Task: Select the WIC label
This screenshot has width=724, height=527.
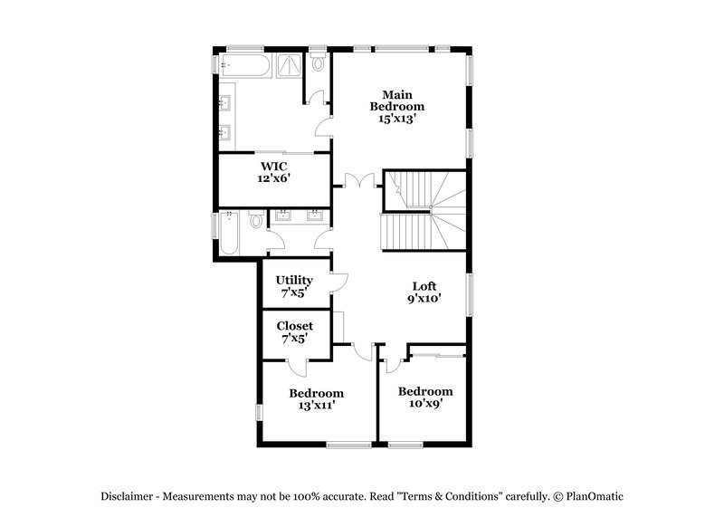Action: coord(274,167)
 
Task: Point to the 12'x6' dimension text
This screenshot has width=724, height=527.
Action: coord(274,179)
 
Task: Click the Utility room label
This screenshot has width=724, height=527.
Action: coord(294,281)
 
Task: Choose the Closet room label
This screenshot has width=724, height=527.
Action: coord(294,326)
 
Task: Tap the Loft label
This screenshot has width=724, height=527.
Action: coord(424,286)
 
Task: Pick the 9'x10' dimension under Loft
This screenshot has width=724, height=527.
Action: coord(424,299)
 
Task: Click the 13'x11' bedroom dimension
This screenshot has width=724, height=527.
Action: coord(316,407)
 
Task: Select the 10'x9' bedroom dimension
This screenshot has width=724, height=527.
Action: coord(425,405)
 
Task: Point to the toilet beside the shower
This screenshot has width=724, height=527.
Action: coord(318,63)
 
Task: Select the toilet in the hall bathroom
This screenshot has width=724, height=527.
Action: coord(256,219)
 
